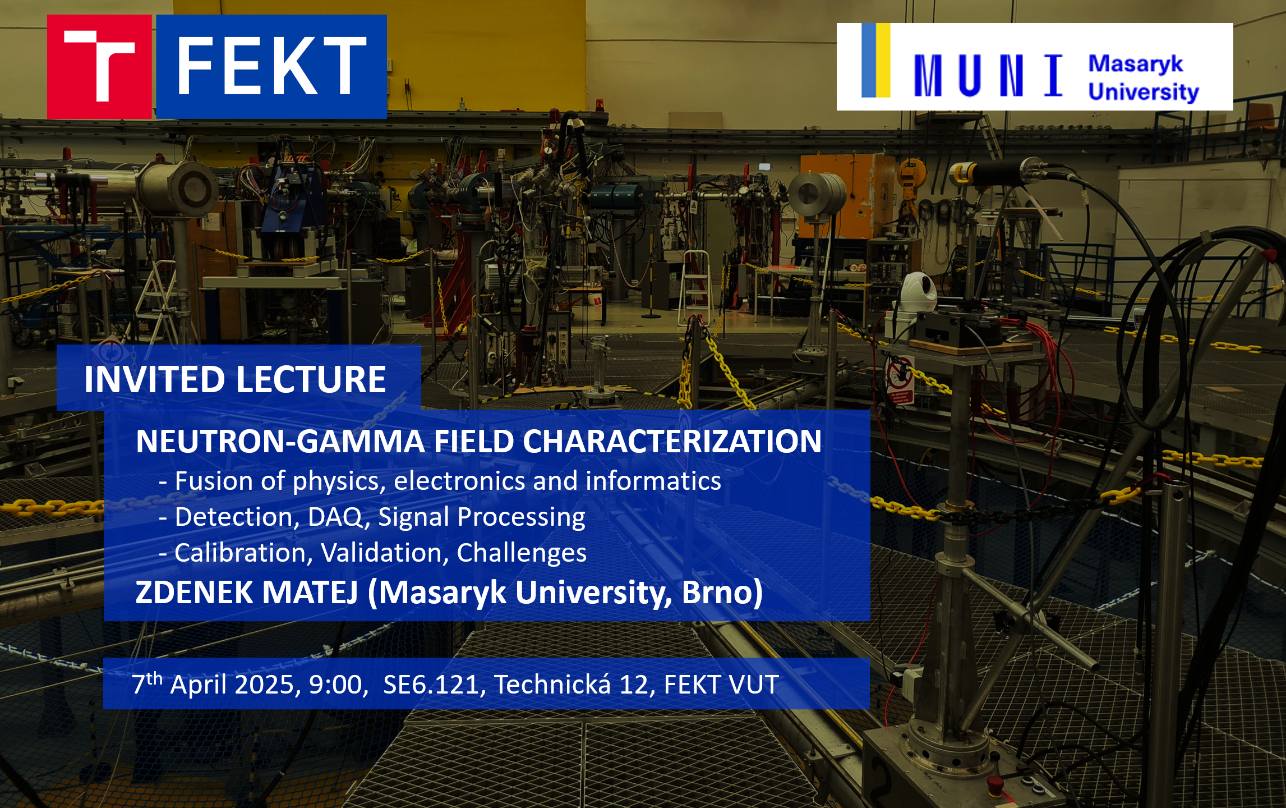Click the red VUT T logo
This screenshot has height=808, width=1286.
coord(99,66)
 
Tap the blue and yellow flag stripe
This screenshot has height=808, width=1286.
coord(876,60)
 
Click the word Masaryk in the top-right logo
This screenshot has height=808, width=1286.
coord(1136,65)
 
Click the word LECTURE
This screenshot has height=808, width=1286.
coord(311,379)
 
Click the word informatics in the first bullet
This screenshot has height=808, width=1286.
coord(653,481)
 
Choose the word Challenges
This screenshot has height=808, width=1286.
coord(522,553)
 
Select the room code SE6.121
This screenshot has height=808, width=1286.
coord(431,685)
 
